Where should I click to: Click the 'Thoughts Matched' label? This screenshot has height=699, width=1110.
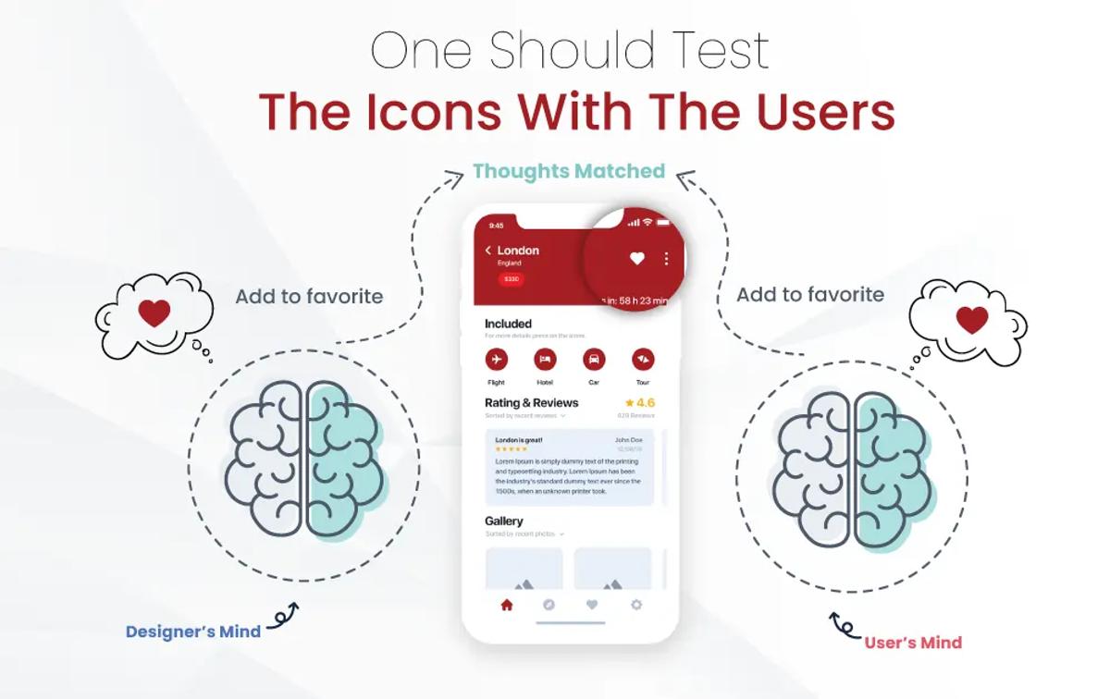(x=569, y=171)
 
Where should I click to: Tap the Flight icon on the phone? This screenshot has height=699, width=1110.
(x=497, y=359)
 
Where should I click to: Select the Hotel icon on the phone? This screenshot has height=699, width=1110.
(x=545, y=359)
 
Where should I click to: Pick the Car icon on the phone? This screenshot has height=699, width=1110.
(x=594, y=359)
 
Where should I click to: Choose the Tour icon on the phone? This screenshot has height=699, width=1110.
(x=643, y=359)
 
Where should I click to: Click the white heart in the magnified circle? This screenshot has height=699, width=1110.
(x=636, y=259)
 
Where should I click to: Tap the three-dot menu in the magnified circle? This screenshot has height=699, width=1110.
(x=666, y=259)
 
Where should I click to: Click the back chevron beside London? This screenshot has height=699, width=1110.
(x=488, y=251)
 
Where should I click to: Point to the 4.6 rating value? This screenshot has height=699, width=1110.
(x=645, y=403)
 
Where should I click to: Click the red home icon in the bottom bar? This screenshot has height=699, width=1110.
(x=506, y=605)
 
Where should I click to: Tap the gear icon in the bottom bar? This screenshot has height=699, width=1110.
(x=635, y=605)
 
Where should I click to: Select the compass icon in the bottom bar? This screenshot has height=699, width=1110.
(x=549, y=605)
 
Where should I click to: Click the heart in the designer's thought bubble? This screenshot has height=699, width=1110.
(x=154, y=313)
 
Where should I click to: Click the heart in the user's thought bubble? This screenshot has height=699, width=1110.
(x=971, y=320)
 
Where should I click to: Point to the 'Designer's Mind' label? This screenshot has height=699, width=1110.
(x=193, y=632)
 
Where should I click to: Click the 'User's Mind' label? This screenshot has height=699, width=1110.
(x=913, y=643)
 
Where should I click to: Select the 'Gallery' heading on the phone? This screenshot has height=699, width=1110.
(x=504, y=521)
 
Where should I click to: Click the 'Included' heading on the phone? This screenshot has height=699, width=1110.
(x=508, y=324)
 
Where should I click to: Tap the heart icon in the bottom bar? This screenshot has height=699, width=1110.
(x=592, y=605)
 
